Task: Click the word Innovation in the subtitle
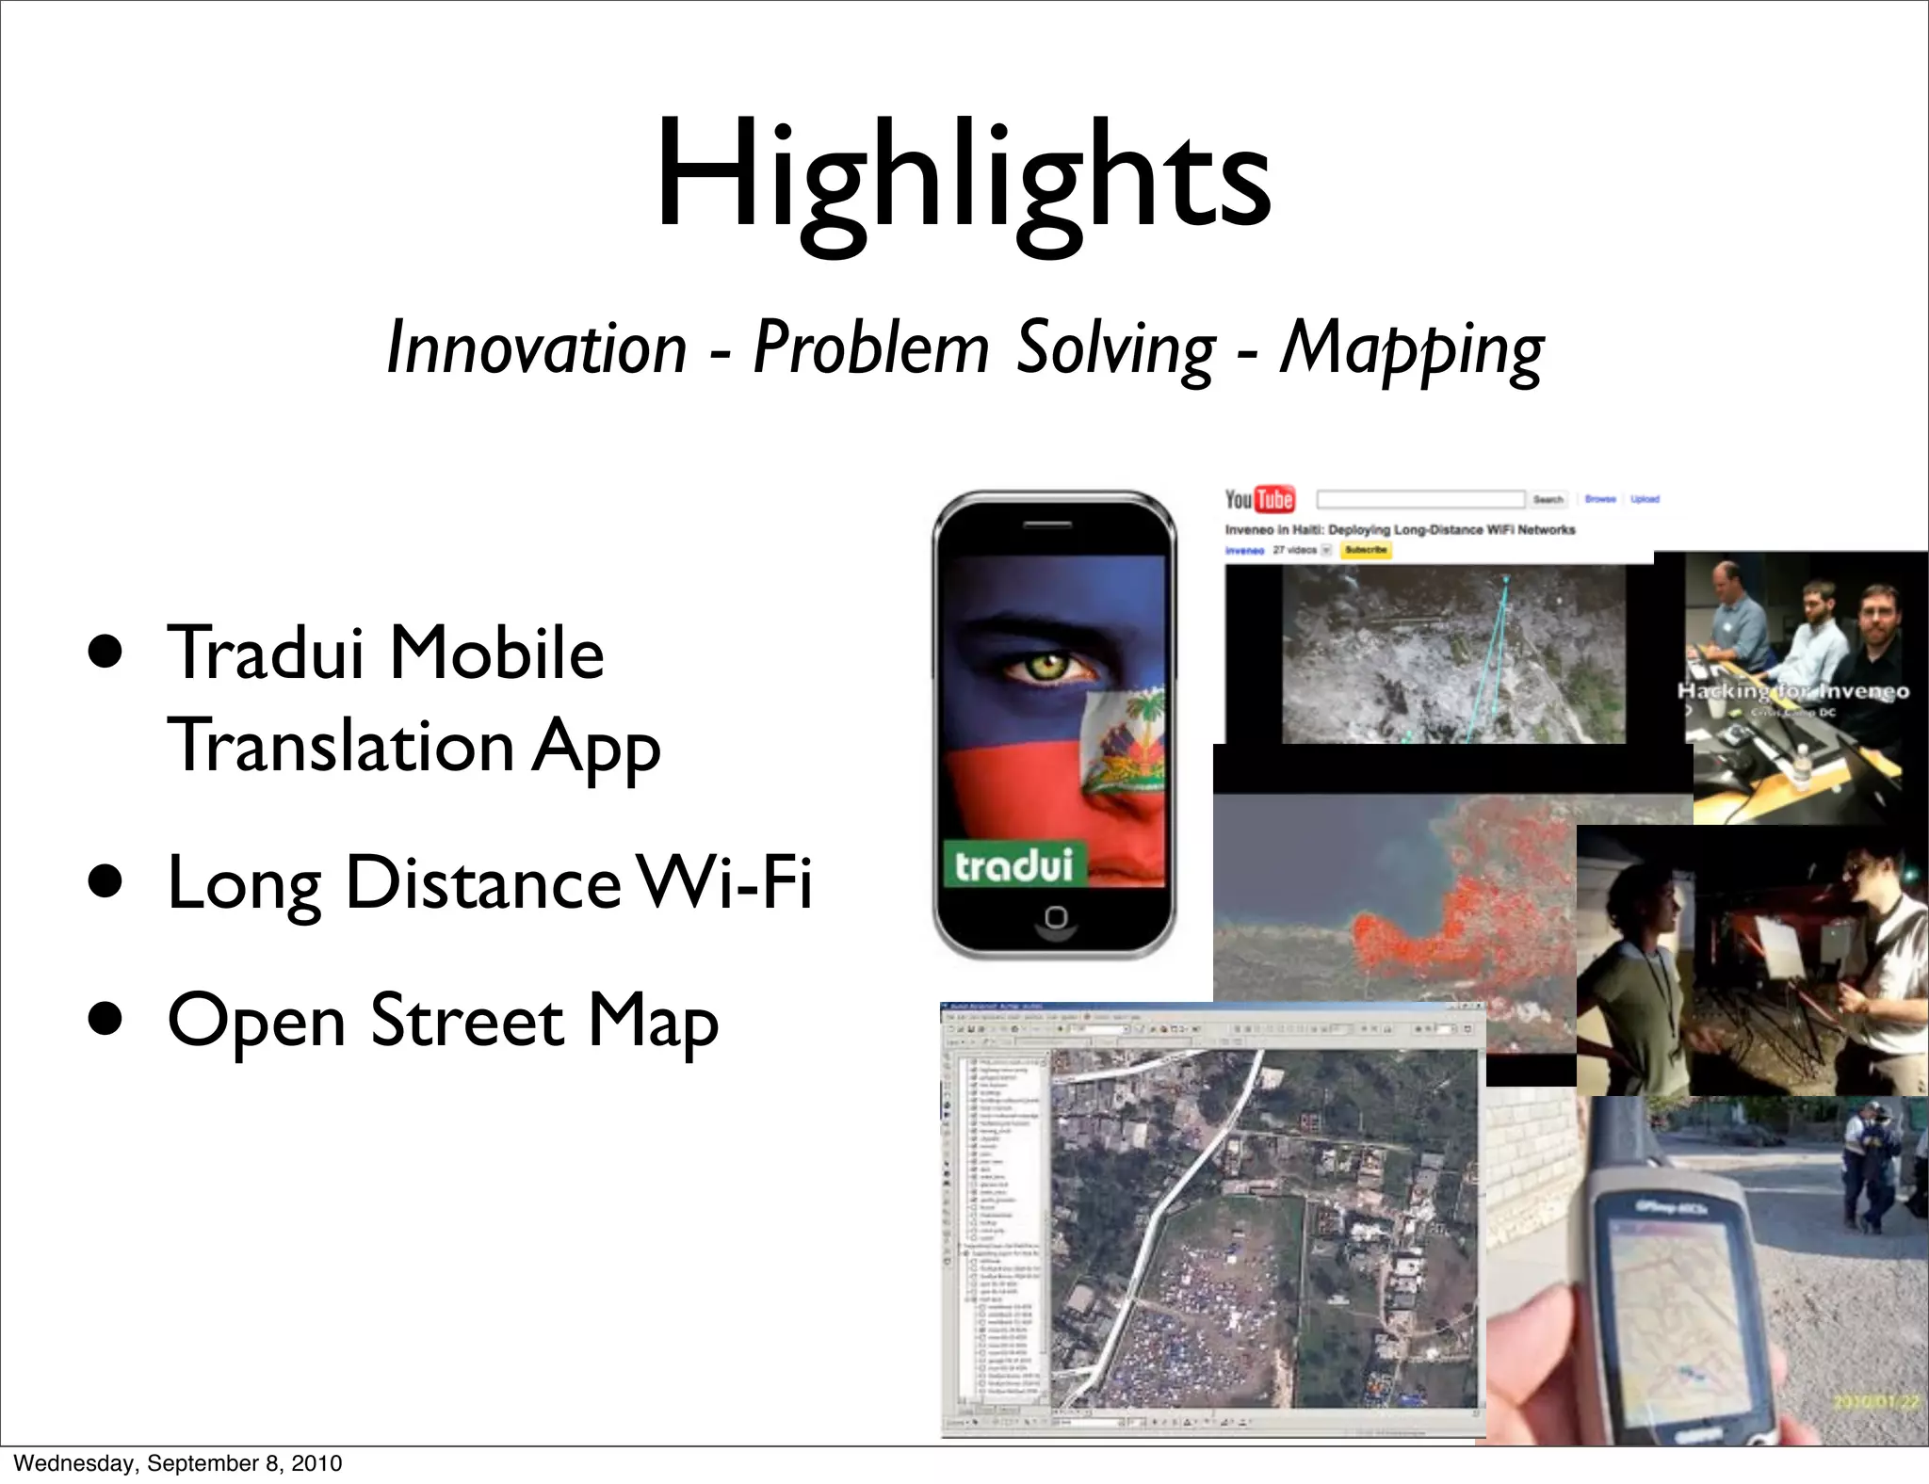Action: click(537, 348)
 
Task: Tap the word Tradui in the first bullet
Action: click(266, 653)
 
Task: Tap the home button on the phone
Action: click(1056, 917)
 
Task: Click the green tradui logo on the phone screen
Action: click(1013, 864)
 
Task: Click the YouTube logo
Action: click(1259, 499)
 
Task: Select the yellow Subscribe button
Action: click(1366, 550)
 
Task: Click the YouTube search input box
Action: click(1419, 499)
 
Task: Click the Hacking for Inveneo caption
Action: click(1792, 692)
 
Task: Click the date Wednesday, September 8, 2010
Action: click(178, 1463)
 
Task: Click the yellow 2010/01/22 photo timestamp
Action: click(1875, 1403)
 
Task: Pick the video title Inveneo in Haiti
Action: click(1400, 530)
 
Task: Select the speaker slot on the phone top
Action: click(1054, 524)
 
